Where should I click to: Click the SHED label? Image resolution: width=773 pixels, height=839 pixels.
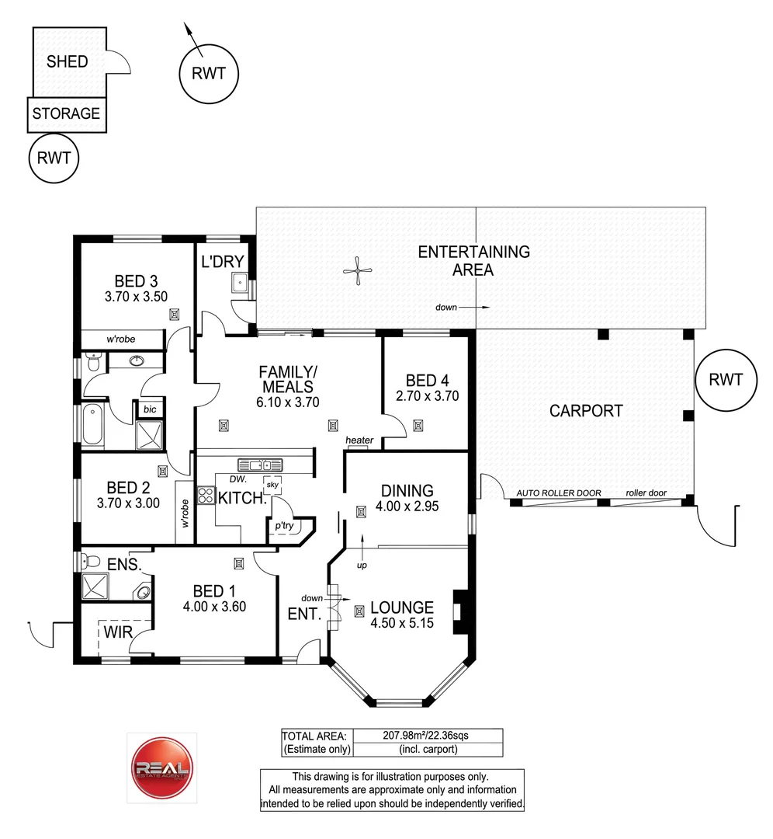tap(68, 61)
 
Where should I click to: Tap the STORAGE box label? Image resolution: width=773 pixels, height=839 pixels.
tap(66, 113)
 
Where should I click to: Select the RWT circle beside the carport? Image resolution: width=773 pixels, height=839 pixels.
tap(726, 380)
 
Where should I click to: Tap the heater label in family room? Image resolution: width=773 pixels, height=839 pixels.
tap(359, 440)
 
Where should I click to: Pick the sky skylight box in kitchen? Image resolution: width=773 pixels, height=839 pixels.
tap(272, 484)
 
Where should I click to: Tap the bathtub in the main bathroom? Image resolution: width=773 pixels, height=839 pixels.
tap(93, 426)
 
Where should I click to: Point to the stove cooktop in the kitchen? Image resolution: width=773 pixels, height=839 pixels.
tap(206, 495)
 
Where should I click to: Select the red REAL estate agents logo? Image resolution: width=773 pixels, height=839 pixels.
tap(161, 769)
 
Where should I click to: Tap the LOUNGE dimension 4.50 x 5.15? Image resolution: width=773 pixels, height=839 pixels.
tap(401, 623)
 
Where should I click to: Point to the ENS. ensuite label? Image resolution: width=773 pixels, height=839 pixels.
tap(123, 565)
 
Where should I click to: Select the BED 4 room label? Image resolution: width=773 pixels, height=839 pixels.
tap(427, 381)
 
